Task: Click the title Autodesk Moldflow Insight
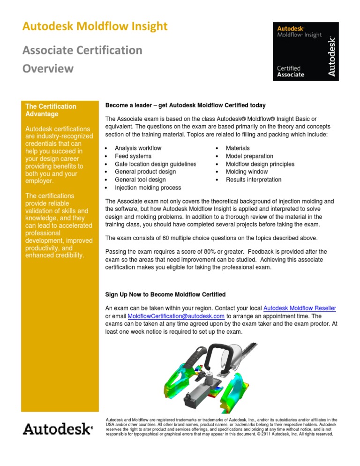[94, 27]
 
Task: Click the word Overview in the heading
[47, 68]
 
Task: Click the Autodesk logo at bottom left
[59, 429]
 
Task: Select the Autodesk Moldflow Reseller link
[300, 308]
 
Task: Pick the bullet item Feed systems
[133, 156]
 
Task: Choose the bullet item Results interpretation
[254, 180]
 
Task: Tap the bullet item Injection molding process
[148, 188]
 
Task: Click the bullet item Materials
[238, 148]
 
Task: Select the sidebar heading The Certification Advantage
[51, 110]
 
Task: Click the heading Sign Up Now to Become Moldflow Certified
[165, 294]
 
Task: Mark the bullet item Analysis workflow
[138, 148]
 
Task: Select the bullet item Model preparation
[249, 156]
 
